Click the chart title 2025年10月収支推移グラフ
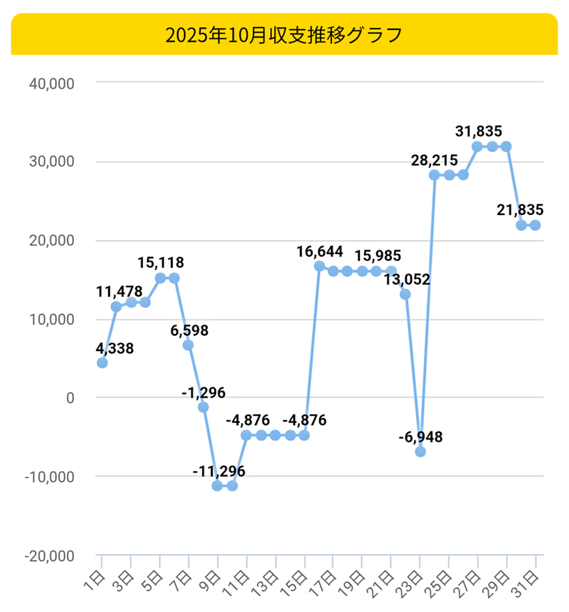coord(284,35)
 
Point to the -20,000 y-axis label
coord(50,556)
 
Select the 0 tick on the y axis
coord(70,398)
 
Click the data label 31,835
coord(478,130)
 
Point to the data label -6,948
coord(420,438)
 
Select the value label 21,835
coord(519,209)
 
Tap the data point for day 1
coord(103,363)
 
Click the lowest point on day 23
coord(420,452)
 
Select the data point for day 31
coord(536,225)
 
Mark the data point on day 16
coord(319,266)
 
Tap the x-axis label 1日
coord(97,579)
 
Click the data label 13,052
coord(407,280)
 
